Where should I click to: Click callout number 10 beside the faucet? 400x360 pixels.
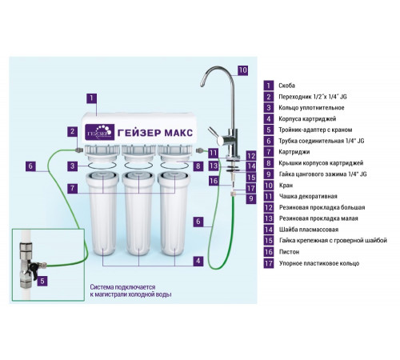click(242, 70)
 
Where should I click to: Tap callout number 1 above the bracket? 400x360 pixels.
click(91, 98)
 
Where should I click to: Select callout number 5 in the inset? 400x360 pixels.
click(42, 281)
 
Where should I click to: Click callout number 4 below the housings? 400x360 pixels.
click(198, 261)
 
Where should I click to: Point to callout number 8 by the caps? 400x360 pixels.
click(198, 166)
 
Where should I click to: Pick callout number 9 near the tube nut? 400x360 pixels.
click(251, 198)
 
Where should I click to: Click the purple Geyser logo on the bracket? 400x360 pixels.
click(100, 132)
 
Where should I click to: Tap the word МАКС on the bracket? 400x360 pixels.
click(178, 133)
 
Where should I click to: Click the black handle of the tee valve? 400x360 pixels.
click(34, 268)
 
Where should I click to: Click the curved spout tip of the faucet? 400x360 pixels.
click(202, 83)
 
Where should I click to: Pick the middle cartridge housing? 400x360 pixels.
click(138, 214)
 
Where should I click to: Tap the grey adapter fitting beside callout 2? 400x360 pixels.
click(79, 150)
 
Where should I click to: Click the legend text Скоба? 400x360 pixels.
click(286, 86)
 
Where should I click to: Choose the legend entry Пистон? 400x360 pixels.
click(290, 252)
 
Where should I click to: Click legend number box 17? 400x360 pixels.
click(269, 263)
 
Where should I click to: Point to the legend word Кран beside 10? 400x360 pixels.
click(286, 185)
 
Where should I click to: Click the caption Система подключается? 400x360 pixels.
click(122, 287)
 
